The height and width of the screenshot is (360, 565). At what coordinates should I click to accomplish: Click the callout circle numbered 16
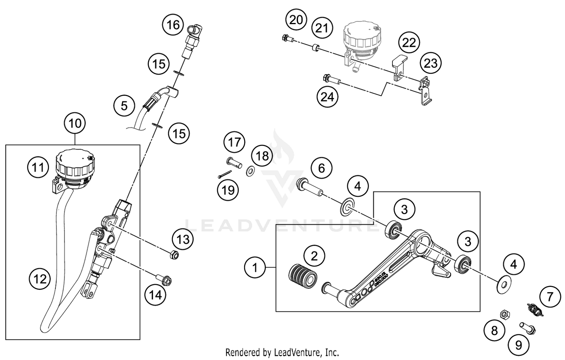point(173,25)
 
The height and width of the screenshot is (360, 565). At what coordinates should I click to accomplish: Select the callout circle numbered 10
point(75,123)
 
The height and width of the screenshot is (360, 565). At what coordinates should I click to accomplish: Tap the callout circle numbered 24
point(327,97)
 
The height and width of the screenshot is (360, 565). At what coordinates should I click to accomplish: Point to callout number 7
point(550,297)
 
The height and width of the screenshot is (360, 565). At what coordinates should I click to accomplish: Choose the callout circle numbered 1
point(255,268)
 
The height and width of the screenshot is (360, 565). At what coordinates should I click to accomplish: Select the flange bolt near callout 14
point(165,280)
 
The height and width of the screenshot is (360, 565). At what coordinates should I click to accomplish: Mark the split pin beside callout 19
point(224,174)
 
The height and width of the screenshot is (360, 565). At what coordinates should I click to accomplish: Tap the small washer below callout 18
point(249,172)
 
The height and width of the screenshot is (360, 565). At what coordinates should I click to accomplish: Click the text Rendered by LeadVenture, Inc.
point(282,352)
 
